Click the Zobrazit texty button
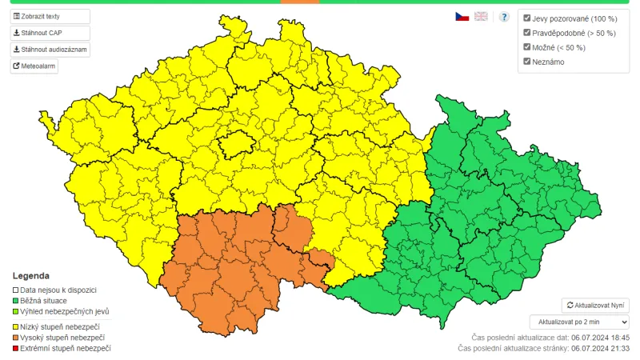(x=50, y=16)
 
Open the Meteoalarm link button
(x=34, y=66)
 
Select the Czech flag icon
(x=462, y=16)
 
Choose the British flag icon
(x=481, y=16)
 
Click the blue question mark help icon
(x=504, y=16)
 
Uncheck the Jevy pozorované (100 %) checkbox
(x=527, y=18)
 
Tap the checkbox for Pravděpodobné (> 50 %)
(x=527, y=33)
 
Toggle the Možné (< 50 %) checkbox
(x=527, y=47)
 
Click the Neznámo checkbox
(x=527, y=62)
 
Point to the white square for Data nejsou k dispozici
(x=15, y=290)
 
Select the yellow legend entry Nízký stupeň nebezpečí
(x=59, y=326)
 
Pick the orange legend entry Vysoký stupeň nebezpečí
(x=62, y=338)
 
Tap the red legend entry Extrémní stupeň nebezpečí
(x=65, y=348)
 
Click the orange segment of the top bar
(x=300, y=2)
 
